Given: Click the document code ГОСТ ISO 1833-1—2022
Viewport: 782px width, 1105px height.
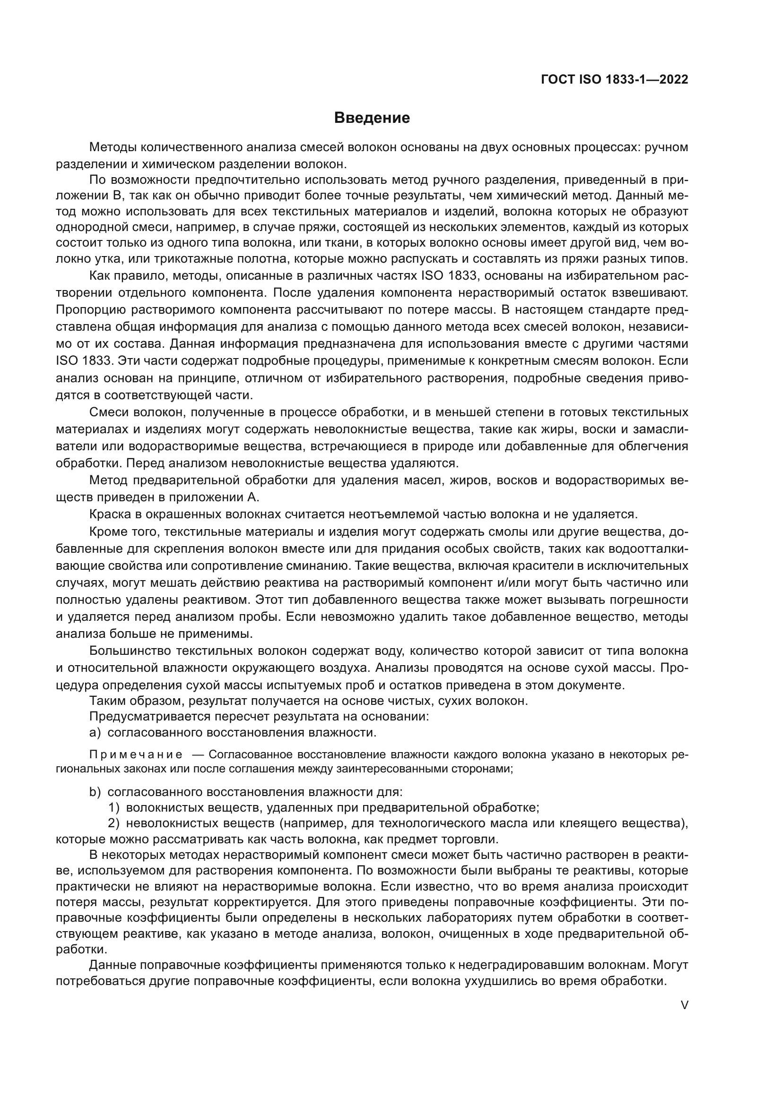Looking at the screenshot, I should click(x=615, y=80).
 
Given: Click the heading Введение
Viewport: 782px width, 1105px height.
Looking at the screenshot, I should click(x=372, y=118).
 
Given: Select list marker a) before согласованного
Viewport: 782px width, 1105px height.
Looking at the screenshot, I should click(x=95, y=733).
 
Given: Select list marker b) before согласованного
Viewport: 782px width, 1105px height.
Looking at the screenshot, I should click(x=95, y=792).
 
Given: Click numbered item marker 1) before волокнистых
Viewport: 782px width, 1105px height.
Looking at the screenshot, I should click(x=113, y=807).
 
